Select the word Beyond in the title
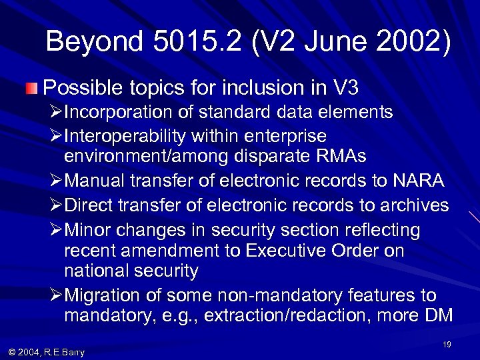point(94,42)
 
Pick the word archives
point(417,205)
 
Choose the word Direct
point(90,205)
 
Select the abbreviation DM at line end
point(438,315)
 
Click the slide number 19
point(447,344)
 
